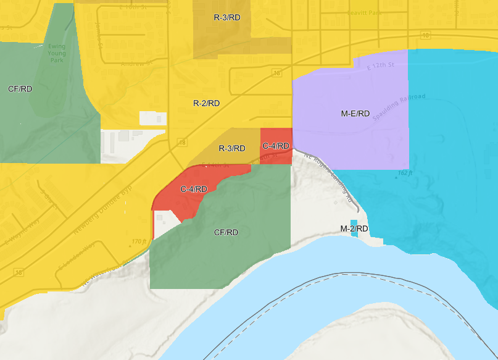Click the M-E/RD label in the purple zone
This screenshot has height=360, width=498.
[x=355, y=114]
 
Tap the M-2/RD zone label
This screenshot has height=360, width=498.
[x=354, y=229]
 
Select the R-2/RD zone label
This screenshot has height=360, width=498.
[x=206, y=103]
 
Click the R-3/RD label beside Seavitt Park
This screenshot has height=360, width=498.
[x=227, y=17]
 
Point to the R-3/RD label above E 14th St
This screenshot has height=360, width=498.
[x=232, y=148]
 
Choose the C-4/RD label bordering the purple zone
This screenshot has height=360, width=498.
[x=276, y=146]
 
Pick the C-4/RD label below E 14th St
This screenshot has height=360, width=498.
[x=194, y=189]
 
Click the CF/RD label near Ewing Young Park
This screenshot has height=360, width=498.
[x=20, y=89]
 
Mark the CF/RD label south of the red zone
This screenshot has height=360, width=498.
[x=226, y=233]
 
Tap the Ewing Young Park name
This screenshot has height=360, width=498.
[x=57, y=53]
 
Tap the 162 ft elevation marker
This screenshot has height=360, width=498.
[x=404, y=173]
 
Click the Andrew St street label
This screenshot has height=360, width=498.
[x=136, y=64]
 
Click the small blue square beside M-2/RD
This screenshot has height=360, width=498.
[x=354, y=222]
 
